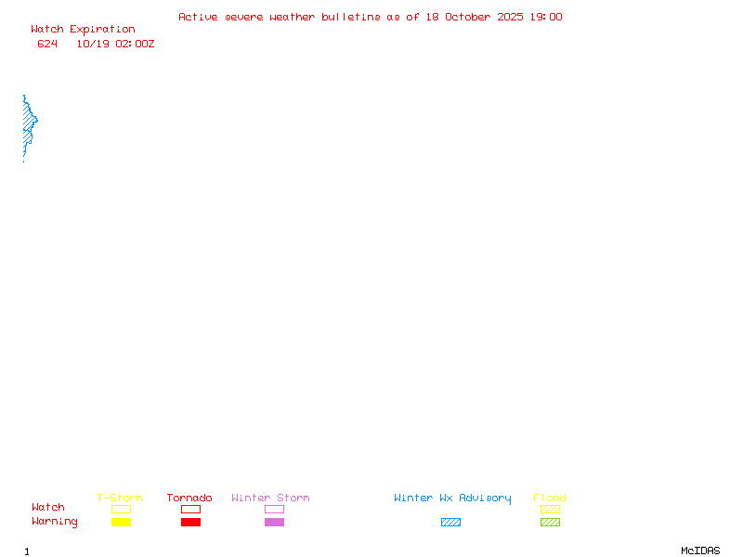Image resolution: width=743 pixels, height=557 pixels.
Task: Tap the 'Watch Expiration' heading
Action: pos(83,30)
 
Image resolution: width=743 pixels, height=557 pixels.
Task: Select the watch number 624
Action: pos(47,44)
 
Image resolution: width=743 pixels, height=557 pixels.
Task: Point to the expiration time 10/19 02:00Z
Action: pos(115,44)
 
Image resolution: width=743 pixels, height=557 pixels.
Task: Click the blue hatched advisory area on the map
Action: pos(29,123)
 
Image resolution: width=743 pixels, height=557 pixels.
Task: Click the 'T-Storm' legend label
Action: pos(120,499)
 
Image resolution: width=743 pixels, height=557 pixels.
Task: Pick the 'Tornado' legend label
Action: pos(189,499)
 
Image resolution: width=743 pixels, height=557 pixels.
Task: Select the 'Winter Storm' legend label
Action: pos(270,499)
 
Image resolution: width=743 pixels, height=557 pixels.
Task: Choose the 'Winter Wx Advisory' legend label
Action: pos(452,499)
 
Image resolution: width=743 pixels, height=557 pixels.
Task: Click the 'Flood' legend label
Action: pos(550,499)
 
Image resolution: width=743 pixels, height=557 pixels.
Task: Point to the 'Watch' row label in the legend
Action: pos(48,508)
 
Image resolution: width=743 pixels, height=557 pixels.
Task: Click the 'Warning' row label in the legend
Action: pos(55,522)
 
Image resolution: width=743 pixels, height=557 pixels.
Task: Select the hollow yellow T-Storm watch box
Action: pos(121,509)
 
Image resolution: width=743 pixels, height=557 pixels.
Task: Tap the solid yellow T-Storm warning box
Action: pos(121,523)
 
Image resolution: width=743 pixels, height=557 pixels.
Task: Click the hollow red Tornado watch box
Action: pos(190,509)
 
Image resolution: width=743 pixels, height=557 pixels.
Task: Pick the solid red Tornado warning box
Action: pos(190,523)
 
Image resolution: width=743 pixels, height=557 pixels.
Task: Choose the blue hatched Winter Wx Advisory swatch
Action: pos(450,523)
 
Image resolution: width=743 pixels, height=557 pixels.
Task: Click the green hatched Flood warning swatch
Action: pos(550,523)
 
